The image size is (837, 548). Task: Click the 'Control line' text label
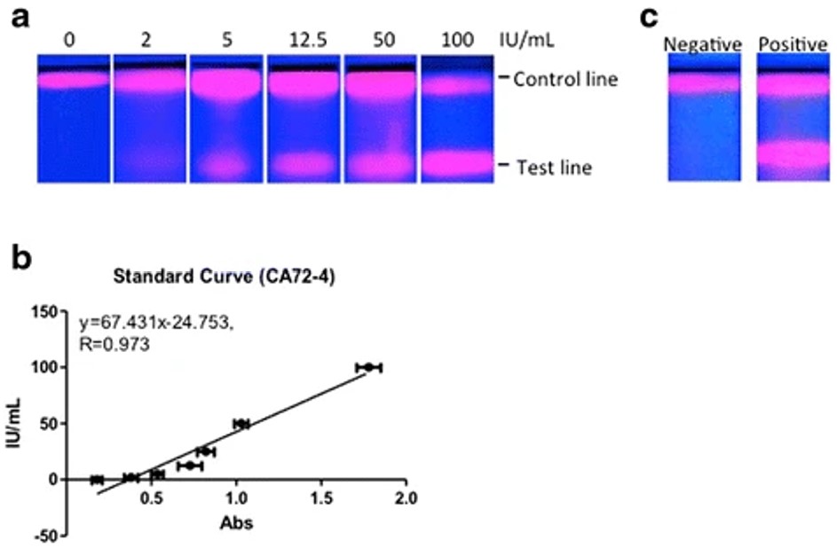[565, 80]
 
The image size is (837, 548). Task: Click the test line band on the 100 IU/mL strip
[456, 163]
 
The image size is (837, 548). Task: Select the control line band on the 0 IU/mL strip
[73, 81]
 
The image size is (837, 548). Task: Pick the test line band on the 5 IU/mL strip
[225, 165]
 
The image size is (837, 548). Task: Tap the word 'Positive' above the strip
[793, 43]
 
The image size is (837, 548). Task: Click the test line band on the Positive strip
[793, 153]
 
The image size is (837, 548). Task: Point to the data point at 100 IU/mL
[368, 367]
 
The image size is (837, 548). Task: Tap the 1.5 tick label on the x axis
[321, 495]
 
